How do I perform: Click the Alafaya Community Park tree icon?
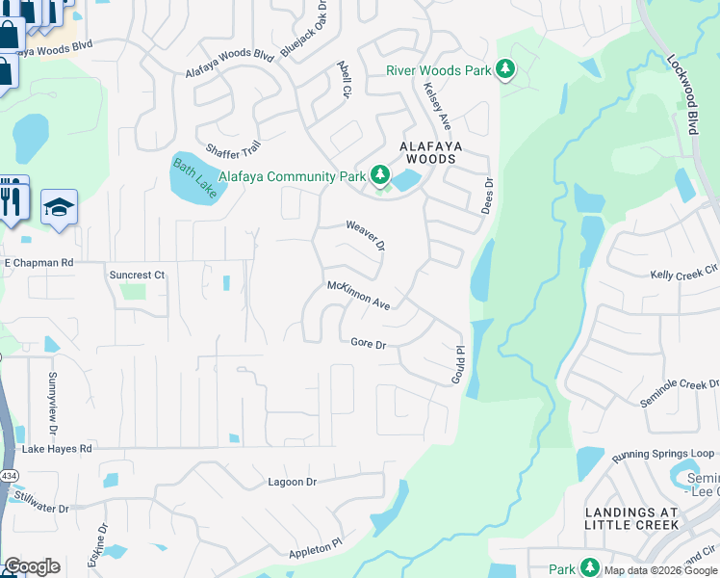[x=381, y=175]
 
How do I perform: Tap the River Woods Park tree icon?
[x=504, y=69]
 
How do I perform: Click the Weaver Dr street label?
[x=366, y=234]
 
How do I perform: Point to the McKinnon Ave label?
[x=358, y=295]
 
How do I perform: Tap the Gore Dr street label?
[x=368, y=343]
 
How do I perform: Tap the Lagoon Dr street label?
[x=292, y=482]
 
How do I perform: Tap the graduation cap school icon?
[x=59, y=207]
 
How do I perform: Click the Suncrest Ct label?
[x=137, y=275]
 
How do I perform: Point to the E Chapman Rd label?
[x=39, y=262]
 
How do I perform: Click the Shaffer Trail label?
[x=233, y=149]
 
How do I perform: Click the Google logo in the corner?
[x=32, y=566]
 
